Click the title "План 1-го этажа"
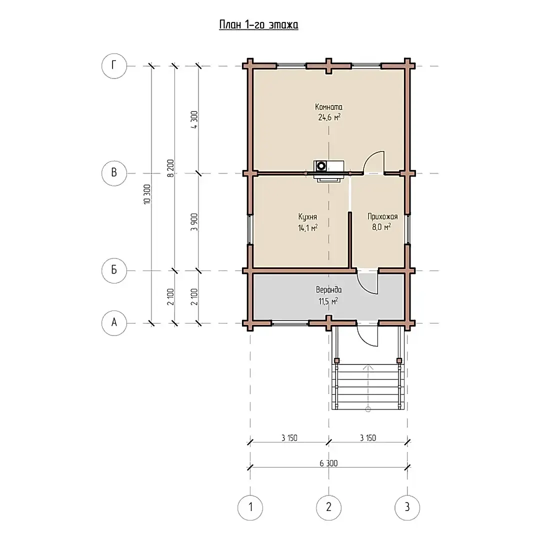[x=258, y=25]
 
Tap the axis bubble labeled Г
[x=114, y=66]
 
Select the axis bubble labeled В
[x=114, y=173]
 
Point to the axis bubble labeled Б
[x=114, y=270]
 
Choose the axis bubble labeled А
[x=114, y=323]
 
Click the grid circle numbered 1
[x=250, y=507]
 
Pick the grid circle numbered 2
[x=329, y=507]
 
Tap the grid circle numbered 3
[x=407, y=507]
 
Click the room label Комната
[x=329, y=107]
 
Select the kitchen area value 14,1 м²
[x=308, y=227]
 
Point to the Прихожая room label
[x=382, y=216]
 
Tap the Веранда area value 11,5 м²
[x=328, y=301]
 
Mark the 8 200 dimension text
[x=171, y=169]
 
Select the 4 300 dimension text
[x=194, y=119]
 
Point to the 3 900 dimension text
[x=194, y=222]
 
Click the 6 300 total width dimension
[x=328, y=463]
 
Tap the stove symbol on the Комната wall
[x=328, y=170]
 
